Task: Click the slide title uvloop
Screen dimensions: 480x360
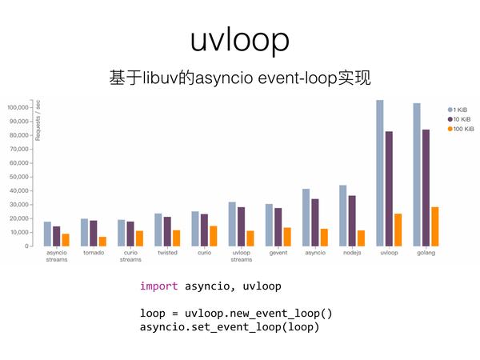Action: (x=240, y=41)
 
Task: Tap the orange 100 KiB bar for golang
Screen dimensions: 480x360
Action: (x=435, y=226)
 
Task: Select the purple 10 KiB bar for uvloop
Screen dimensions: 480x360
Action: (x=389, y=189)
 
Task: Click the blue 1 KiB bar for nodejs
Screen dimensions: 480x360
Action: (x=343, y=215)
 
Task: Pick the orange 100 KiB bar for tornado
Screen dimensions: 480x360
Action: (x=103, y=242)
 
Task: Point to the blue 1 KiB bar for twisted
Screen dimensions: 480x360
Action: (x=158, y=230)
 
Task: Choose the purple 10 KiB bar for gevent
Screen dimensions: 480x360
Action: (x=278, y=227)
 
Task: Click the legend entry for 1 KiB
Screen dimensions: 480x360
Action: (x=458, y=110)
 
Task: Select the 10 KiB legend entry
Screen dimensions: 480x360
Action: (x=459, y=119)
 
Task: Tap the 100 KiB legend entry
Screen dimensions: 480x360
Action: (x=461, y=129)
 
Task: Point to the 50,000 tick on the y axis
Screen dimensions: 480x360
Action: (x=19, y=177)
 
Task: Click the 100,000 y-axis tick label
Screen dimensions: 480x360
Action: (x=18, y=107)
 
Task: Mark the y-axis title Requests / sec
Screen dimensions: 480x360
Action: (x=38, y=120)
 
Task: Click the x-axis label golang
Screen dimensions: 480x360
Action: (x=426, y=253)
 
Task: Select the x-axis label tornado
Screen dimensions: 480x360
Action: (x=94, y=253)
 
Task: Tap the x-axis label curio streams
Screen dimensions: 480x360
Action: (x=130, y=256)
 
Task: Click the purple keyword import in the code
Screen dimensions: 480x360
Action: (x=159, y=286)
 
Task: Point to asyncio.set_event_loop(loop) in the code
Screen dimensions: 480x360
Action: (x=230, y=327)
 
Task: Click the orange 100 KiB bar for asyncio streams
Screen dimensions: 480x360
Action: (x=66, y=240)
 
